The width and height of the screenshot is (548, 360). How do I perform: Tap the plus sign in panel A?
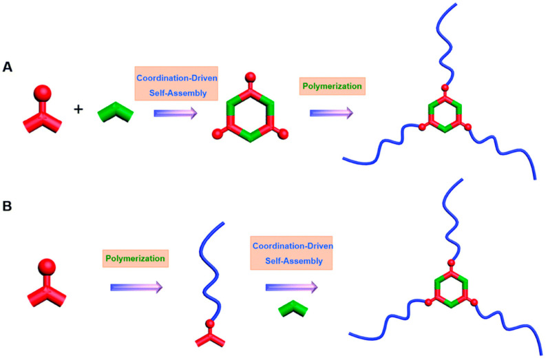click(78, 109)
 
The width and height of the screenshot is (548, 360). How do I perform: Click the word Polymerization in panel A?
click(332, 87)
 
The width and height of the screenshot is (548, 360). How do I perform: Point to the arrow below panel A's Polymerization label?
click(331, 112)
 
